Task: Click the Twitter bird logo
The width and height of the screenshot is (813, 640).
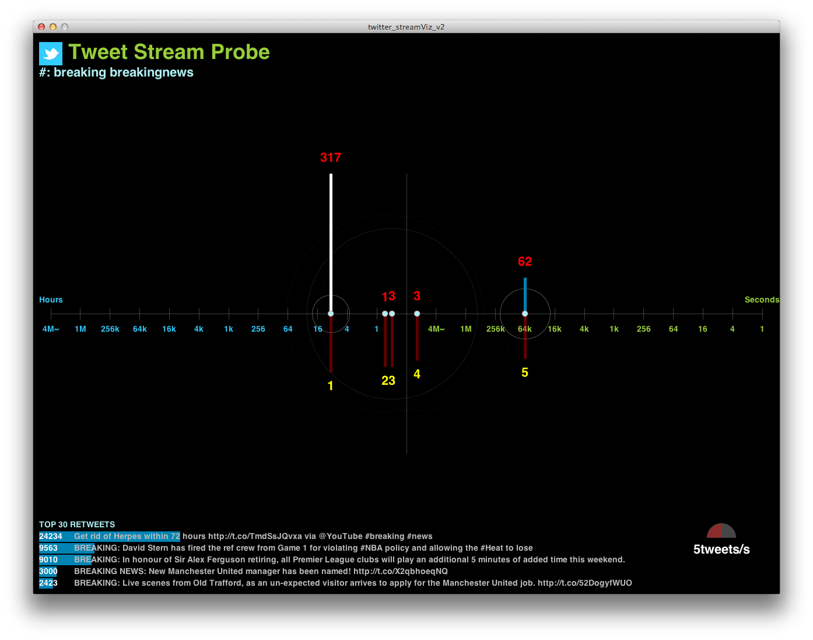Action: click(x=51, y=54)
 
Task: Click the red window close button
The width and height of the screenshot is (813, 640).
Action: click(x=41, y=27)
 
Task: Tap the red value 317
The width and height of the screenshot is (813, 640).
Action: click(x=331, y=157)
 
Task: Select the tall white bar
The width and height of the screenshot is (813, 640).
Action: click(x=331, y=242)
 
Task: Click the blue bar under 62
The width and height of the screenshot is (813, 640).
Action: click(x=525, y=294)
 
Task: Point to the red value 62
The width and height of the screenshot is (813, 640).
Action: click(x=525, y=262)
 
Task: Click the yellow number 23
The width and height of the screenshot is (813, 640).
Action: click(x=388, y=381)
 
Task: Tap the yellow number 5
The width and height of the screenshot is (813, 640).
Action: click(x=525, y=373)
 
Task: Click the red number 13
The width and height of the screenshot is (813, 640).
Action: click(x=388, y=296)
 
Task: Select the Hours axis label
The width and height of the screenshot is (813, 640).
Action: click(x=51, y=300)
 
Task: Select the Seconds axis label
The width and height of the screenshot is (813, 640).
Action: click(x=762, y=300)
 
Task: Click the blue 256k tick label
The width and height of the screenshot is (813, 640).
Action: click(x=110, y=329)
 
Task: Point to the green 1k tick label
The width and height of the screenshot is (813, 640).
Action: click(x=614, y=329)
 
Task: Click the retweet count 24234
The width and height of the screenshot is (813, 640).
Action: click(x=51, y=536)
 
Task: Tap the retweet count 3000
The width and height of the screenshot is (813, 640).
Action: click(x=48, y=571)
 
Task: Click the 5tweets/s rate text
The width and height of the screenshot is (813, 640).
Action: click(x=721, y=549)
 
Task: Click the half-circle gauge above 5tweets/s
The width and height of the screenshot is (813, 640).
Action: click(x=721, y=531)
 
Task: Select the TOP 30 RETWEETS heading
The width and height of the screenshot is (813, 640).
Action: click(x=77, y=524)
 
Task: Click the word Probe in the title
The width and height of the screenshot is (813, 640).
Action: click(x=240, y=52)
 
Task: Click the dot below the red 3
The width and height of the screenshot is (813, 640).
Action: click(x=416, y=314)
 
